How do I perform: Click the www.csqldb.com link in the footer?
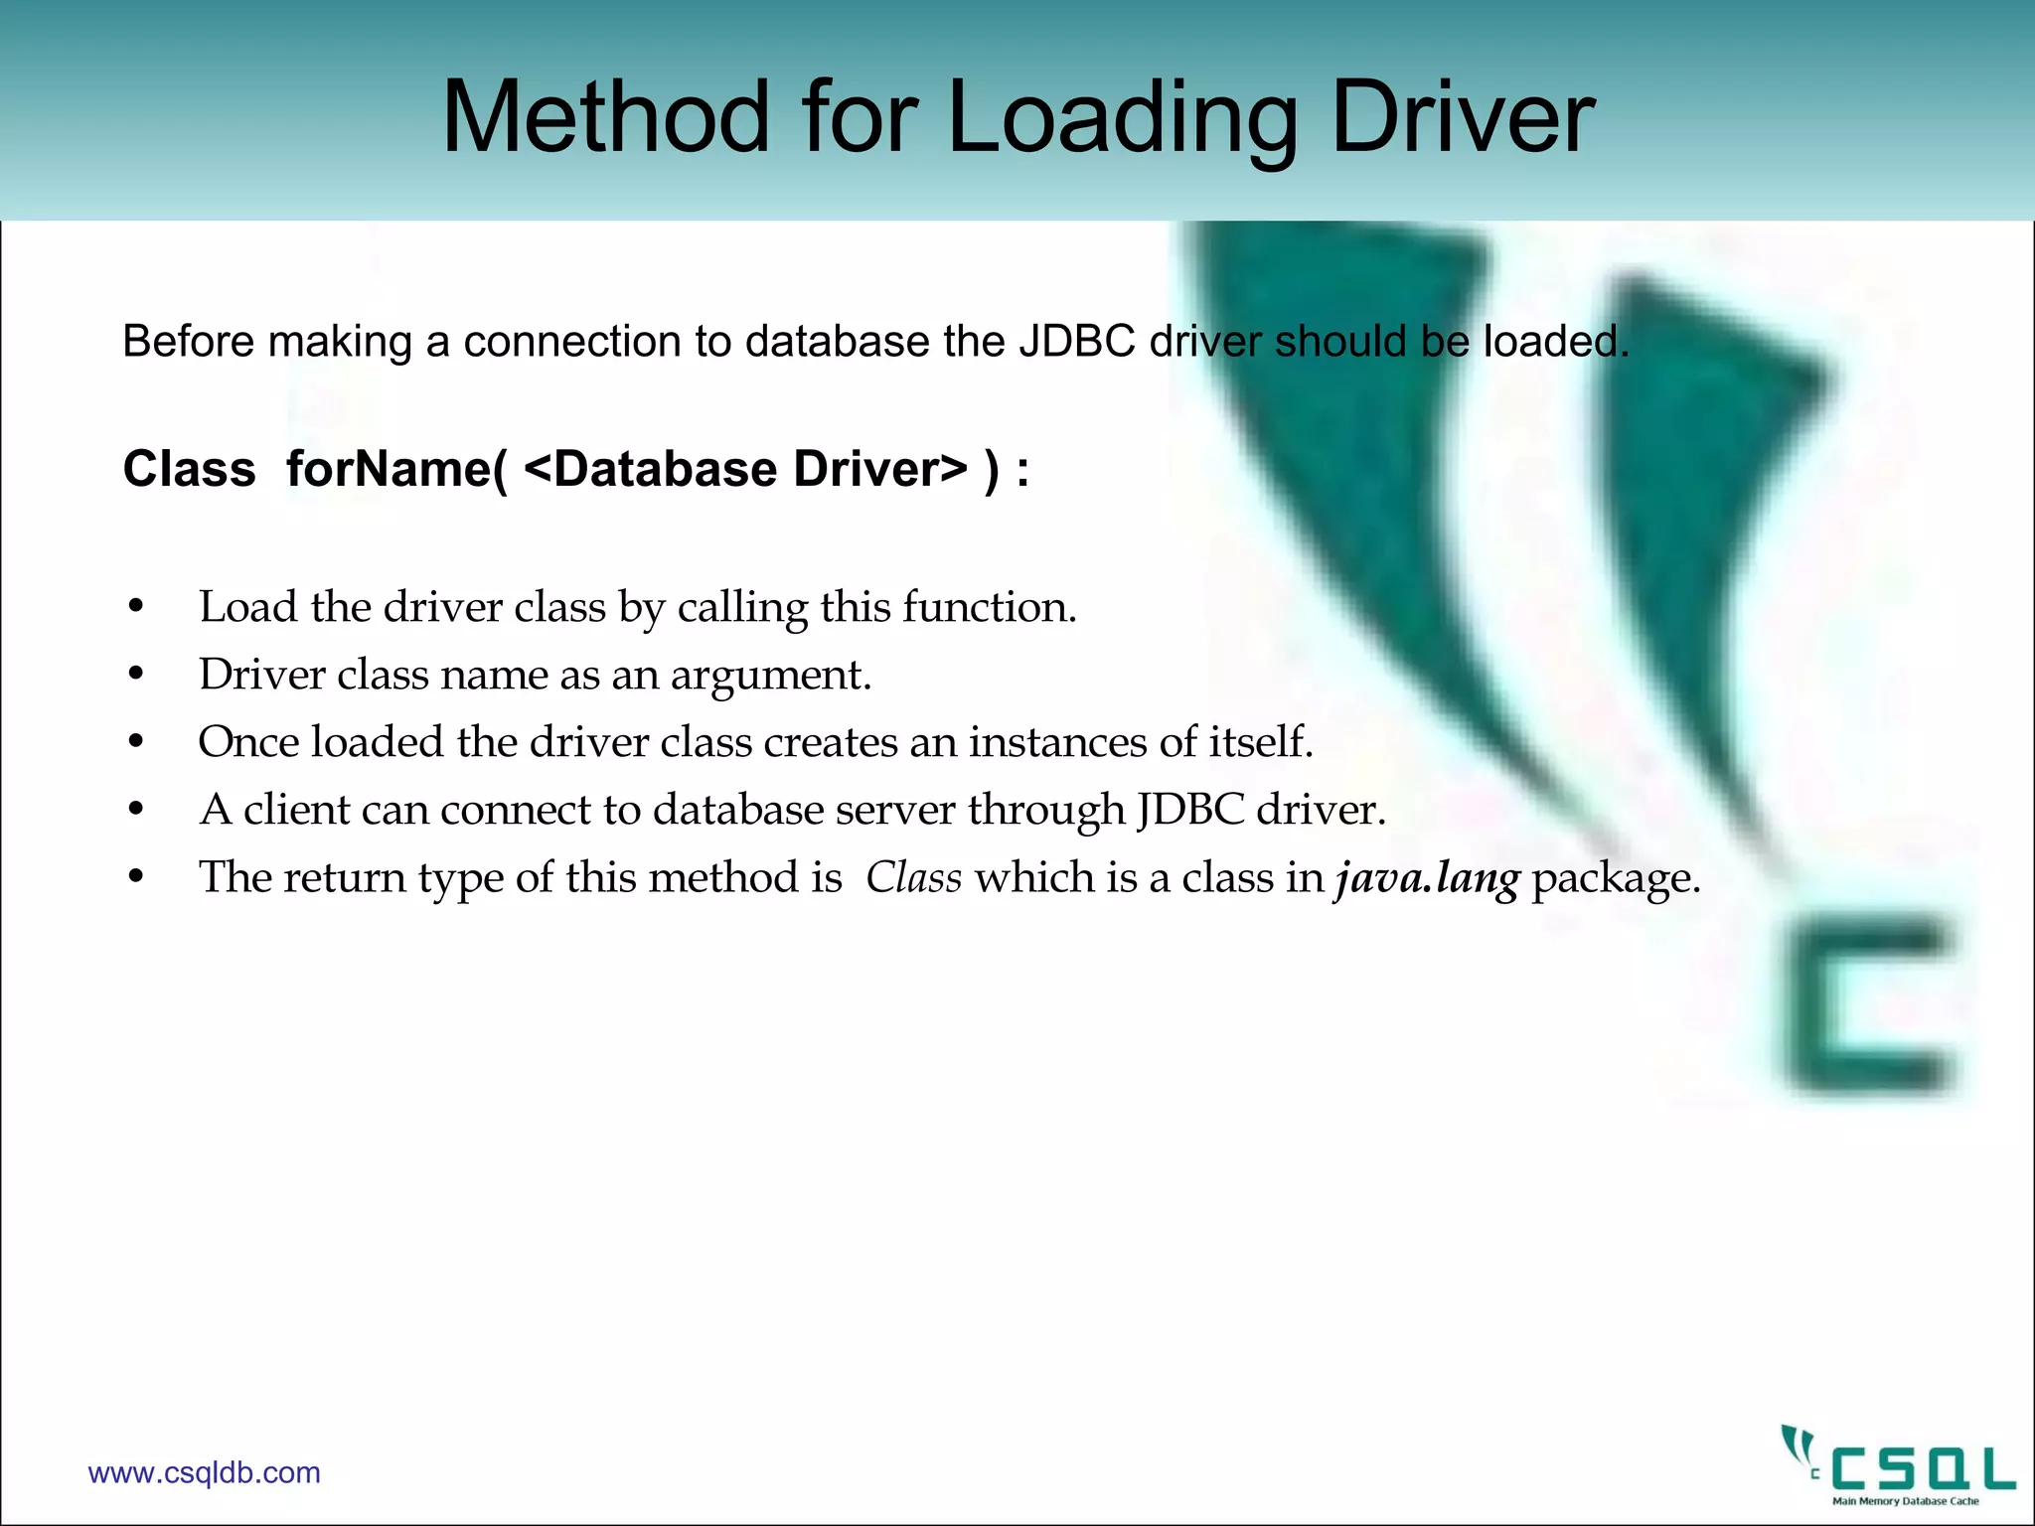[x=204, y=1472]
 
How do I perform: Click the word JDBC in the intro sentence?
[x=1076, y=342]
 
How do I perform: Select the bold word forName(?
[x=396, y=469]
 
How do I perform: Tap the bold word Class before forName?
[x=189, y=469]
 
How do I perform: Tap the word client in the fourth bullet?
[x=297, y=810]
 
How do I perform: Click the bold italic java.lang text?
[x=1426, y=878]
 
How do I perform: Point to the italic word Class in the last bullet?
[x=913, y=877]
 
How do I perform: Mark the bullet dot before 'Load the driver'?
[x=137, y=607]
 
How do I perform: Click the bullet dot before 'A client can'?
[x=137, y=810]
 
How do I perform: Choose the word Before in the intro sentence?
[x=189, y=342]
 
